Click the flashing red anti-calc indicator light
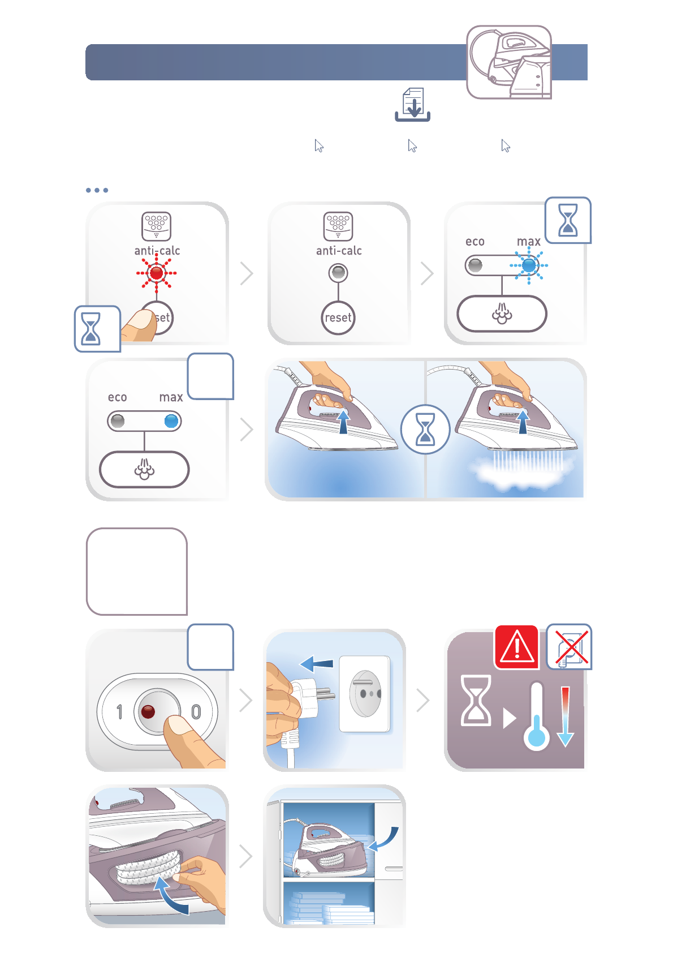coord(157,273)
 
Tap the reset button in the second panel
coord(338,318)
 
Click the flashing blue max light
coord(529,265)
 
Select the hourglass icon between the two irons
coord(425,430)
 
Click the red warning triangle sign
coord(516,647)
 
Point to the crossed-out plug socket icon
coord(570,647)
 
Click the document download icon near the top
coord(413,105)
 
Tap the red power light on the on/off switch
coord(148,712)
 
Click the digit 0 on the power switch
coord(196,712)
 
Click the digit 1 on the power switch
coord(119,712)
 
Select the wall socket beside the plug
coord(365,694)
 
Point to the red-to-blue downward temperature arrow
coord(565,716)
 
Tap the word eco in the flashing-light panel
coord(475,242)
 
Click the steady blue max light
coord(172,421)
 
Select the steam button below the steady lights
coord(144,469)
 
